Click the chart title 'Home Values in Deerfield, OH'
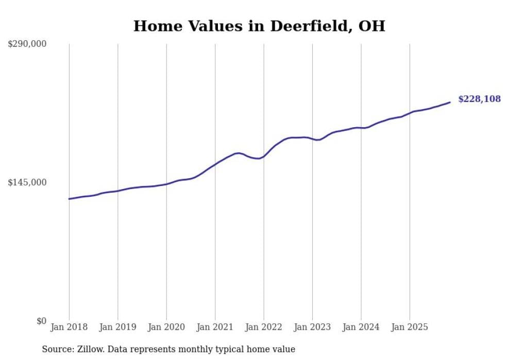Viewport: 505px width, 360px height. pos(259,26)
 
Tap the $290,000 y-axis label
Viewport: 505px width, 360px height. pos(27,44)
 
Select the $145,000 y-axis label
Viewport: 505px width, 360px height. pos(27,183)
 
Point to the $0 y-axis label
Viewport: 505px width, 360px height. pos(41,321)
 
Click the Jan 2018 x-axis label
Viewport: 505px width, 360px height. pos(69,327)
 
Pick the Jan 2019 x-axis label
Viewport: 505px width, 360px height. pos(117,327)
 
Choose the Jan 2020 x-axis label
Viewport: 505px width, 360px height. pos(166,327)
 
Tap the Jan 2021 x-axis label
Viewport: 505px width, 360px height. pos(215,327)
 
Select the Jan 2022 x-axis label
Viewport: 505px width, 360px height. pos(264,327)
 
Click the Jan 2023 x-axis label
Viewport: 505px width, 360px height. pos(312,327)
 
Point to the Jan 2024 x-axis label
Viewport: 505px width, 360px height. pos(361,327)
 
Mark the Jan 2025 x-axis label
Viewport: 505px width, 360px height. pos(410,327)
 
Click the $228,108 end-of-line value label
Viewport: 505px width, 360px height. pos(479,99)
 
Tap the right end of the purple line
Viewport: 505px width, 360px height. pos(450,102)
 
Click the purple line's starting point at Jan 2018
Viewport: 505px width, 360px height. pos(69,199)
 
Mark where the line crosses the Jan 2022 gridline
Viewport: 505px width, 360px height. pos(264,156)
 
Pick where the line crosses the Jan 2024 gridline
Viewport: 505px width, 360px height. pos(361,128)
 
